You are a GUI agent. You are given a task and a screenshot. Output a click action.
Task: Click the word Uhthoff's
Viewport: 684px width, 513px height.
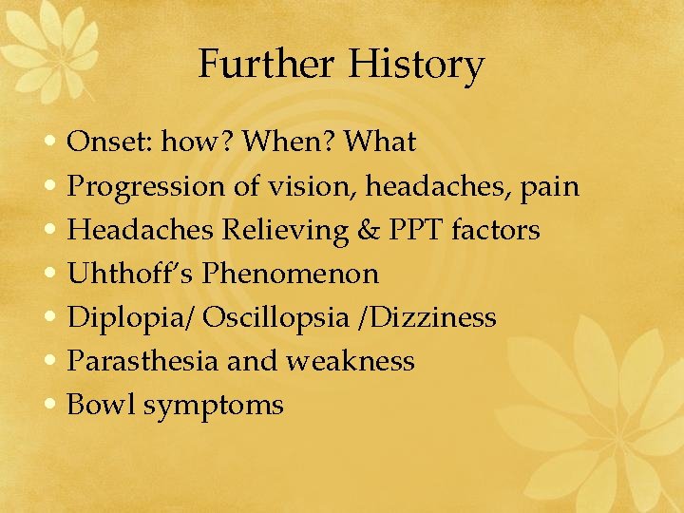130,274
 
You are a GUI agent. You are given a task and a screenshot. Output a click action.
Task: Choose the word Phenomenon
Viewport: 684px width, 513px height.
291,274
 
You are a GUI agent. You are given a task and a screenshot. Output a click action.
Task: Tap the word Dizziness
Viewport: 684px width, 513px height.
440,317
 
